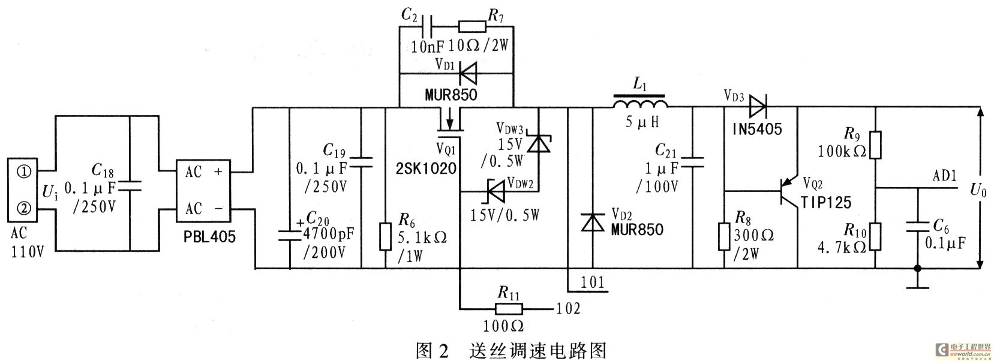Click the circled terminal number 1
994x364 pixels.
coord(24,173)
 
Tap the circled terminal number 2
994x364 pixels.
coord(24,209)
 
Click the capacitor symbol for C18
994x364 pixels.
coord(130,188)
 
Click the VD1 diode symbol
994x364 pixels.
coord(467,74)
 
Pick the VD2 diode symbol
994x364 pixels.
coord(593,222)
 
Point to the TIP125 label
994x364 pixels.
coord(827,202)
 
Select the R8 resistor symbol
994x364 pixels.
coord(725,236)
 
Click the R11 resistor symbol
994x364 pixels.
coord(508,309)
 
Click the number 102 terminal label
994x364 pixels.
coord(567,309)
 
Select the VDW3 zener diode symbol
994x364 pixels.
coord(538,144)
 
